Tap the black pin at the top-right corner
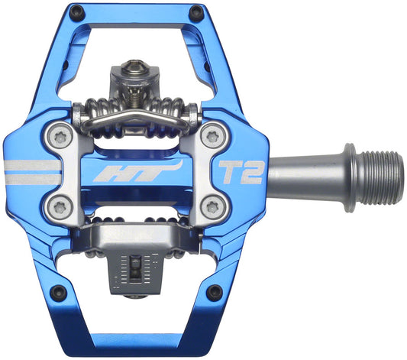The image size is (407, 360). click(x=197, y=13)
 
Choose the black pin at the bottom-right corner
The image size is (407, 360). click(x=215, y=291)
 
